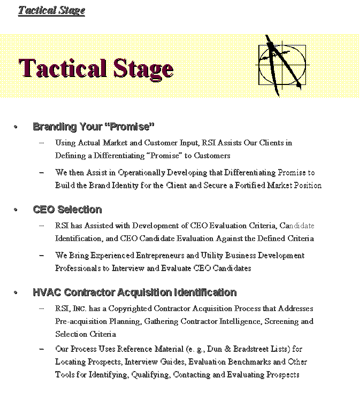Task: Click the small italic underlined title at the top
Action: click(51, 10)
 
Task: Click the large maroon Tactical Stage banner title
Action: click(96, 69)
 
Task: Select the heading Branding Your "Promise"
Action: click(94, 127)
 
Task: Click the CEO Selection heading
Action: click(67, 210)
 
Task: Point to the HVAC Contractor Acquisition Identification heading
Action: click(134, 292)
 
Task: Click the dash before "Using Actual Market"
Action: click(42, 143)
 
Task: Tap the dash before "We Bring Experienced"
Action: click(42, 256)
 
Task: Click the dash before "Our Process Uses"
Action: click(42, 349)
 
